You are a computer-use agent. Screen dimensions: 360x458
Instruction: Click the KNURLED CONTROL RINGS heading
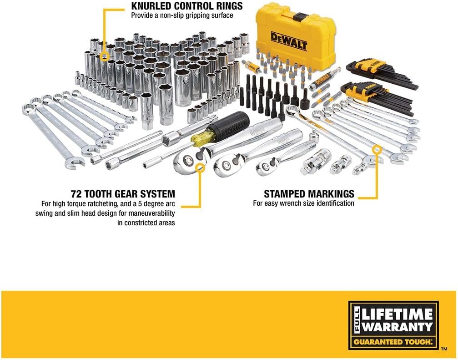187,6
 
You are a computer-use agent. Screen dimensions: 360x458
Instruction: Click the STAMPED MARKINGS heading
309,194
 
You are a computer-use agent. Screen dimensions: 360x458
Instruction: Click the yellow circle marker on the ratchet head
200,168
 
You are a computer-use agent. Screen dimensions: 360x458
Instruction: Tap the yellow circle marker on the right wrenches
377,149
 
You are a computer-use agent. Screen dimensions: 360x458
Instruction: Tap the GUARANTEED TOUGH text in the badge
394,341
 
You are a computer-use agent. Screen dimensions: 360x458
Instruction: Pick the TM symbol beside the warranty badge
444,349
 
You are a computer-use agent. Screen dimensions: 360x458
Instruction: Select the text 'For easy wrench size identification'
303,203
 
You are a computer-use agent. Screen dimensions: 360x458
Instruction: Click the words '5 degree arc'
155,203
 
